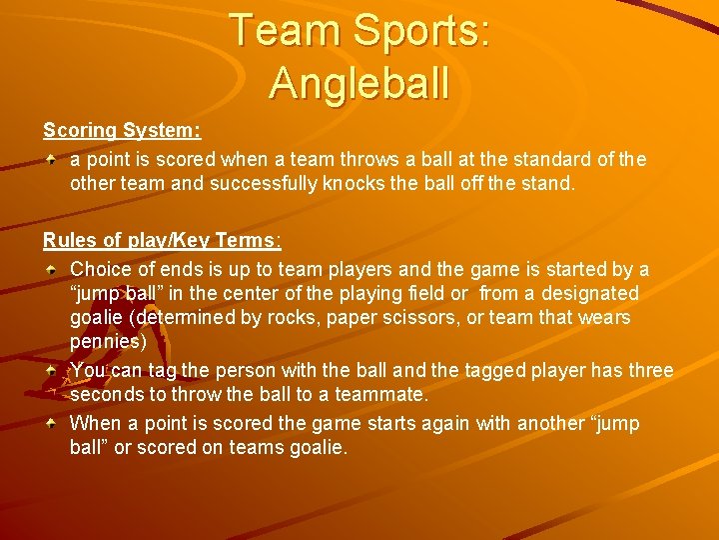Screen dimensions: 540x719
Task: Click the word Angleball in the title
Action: tap(359, 82)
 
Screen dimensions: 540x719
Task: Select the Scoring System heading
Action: tap(122, 131)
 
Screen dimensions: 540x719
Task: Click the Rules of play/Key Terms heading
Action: tap(162, 241)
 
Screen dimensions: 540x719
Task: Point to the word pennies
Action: tap(107, 342)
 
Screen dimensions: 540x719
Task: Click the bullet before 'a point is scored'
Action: tap(51, 160)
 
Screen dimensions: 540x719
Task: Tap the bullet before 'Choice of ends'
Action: tap(51, 270)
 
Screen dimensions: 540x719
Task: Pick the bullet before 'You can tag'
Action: tap(51, 371)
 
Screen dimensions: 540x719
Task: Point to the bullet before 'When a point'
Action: tap(51, 424)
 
